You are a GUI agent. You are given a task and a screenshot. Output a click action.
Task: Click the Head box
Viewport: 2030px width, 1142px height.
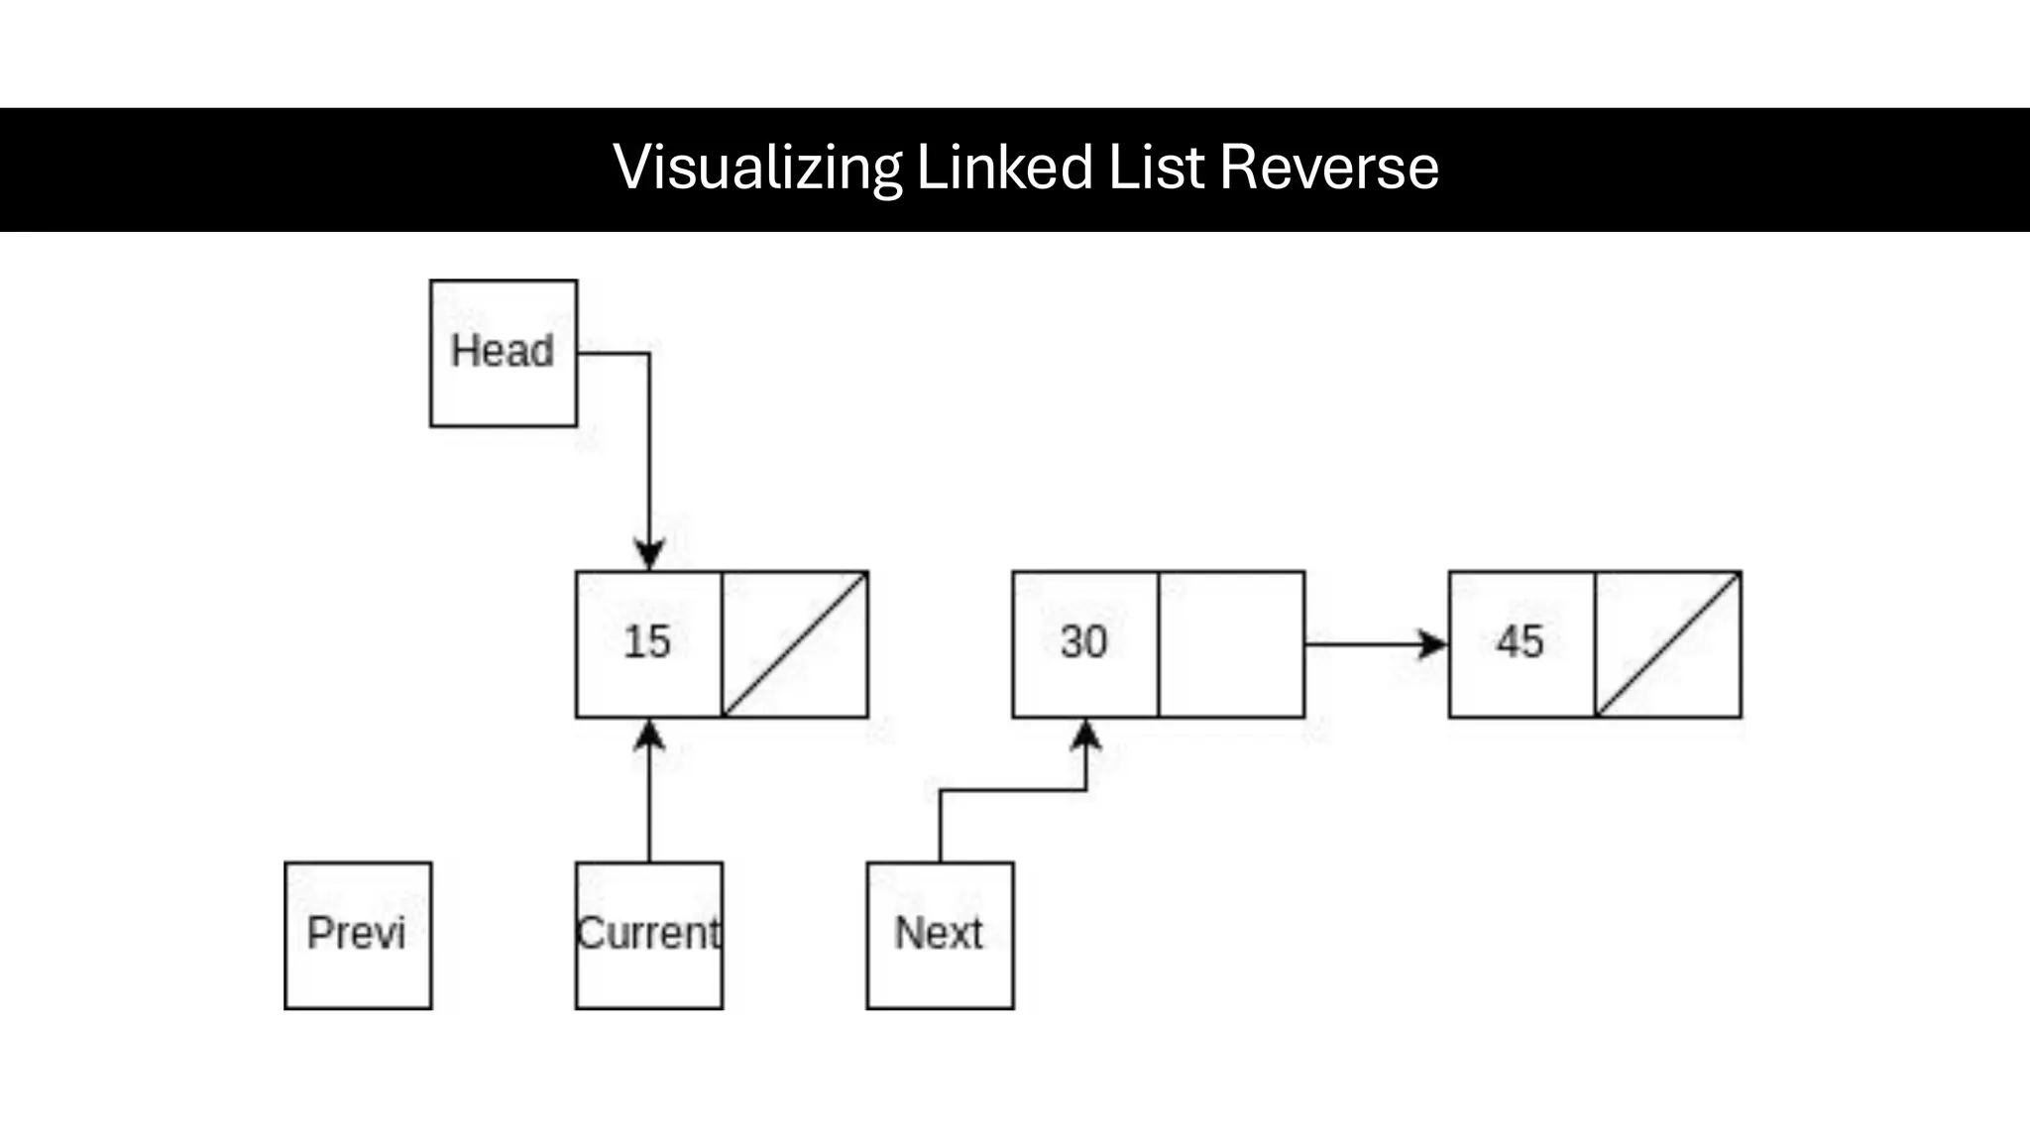[x=504, y=353]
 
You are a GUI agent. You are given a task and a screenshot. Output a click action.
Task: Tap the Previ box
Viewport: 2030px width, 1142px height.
[x=358, y=935]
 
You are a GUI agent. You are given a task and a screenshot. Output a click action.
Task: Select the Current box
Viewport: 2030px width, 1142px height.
[x=649, y=935]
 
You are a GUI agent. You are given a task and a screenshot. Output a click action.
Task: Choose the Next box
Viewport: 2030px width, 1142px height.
[x=940, y=935]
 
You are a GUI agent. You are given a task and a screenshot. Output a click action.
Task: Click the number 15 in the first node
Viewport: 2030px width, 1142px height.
[x=647, y=642]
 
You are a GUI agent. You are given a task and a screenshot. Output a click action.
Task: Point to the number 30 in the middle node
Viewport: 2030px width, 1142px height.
[x=1083, y=642]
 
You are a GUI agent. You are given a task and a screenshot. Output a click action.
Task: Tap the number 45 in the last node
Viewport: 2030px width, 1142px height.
[x=1520, y=642]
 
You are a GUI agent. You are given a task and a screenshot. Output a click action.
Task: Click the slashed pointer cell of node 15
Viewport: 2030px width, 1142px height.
[x=795, y=644]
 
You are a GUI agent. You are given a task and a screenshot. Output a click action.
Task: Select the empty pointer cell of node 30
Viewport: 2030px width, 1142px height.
[x=1231, y=644]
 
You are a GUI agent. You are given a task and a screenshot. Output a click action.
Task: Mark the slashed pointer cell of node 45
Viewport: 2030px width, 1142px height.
[x=1668, y=644]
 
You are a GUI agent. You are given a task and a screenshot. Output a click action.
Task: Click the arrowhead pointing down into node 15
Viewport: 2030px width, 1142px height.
[x=649, y=555]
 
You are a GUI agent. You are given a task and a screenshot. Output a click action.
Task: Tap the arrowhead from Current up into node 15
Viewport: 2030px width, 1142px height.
[x=649, y=735]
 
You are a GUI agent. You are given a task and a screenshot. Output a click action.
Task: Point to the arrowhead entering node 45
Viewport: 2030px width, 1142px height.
[x=1432, y=644]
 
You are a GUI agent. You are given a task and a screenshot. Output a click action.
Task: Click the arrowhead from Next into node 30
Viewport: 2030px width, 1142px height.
[x=1086, y=735]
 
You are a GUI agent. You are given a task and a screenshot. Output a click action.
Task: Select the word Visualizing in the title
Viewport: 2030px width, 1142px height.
[x=757, y=167]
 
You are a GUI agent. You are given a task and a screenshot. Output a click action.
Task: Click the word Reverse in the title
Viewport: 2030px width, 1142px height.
[x=1328, y=167]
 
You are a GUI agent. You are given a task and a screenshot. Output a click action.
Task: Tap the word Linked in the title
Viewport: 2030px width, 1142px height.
[x=1004, y=167]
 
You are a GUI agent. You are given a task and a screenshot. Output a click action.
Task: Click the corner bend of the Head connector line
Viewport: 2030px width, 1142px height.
[x=649, y=353]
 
